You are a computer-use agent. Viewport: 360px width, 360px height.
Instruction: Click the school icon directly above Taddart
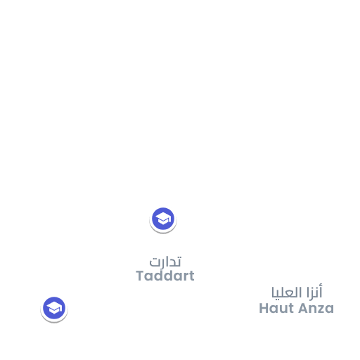(x=163, y=219)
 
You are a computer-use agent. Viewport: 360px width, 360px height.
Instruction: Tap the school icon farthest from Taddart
(x=54, y=309)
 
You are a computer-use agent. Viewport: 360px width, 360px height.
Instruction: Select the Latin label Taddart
(x=165, y=276)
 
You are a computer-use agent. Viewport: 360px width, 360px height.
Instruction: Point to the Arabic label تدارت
(x=165, y=262)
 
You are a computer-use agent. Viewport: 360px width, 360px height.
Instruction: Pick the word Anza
(x=316, y=308)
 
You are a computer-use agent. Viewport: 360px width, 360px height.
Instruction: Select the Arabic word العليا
(x=287, y=293)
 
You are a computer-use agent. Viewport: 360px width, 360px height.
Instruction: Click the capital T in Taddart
(x=141, y=276)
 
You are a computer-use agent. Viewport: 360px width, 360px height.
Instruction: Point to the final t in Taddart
(x=191, y=276)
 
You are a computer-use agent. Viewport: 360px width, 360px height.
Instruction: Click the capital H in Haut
(x=264, y=308)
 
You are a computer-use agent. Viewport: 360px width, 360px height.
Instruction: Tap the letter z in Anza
(x=321, y=309)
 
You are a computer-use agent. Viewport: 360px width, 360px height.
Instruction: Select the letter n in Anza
(x=313, y=309)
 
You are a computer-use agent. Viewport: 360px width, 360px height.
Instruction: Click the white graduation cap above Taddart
(x=163, y=219)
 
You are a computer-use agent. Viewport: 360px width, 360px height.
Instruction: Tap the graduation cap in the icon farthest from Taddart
(x=54, y=309)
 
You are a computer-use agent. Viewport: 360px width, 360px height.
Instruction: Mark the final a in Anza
(x=329, y=309)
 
